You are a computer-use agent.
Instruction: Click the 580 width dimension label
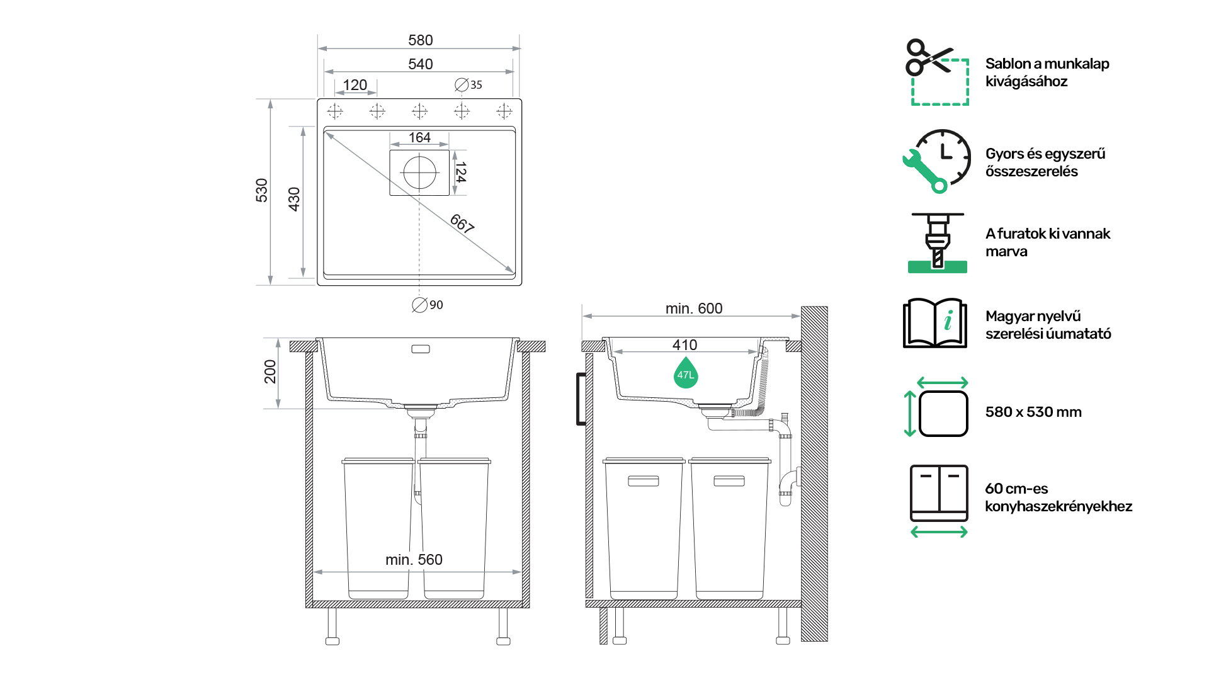point(420,40)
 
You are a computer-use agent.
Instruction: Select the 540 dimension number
point(420,64)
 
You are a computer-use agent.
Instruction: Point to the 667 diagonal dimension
point(462,224)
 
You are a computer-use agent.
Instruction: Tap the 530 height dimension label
point(262,190)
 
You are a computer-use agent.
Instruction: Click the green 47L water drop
point(686,373)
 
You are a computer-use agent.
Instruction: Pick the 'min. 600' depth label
point(694,309)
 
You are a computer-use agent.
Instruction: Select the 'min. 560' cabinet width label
point(414,560)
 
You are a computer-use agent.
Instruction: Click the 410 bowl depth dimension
point(684,345)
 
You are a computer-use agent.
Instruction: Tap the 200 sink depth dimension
point(270,371)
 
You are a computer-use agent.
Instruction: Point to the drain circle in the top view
point(419,173)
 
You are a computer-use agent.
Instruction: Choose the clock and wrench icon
point(936,161)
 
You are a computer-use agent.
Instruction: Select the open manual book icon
point(935,323)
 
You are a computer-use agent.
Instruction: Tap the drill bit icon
point(938,243)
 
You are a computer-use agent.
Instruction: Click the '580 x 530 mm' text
point(1033,412)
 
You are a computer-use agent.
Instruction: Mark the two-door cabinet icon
point(939,493)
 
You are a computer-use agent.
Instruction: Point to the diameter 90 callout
point(428,305)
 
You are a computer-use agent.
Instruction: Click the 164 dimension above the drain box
point(419,137)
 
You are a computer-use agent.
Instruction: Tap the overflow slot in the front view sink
point(421,349)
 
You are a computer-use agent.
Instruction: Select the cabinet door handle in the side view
point(581,399)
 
